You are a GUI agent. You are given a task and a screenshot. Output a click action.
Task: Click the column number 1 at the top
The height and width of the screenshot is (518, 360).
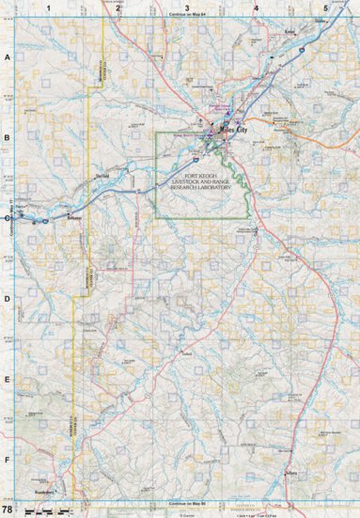point(48,8)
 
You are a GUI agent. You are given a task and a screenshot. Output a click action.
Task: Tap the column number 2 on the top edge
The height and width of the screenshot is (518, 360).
point(117,8)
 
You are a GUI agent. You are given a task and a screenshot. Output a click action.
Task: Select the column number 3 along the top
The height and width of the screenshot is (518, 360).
point(187,8)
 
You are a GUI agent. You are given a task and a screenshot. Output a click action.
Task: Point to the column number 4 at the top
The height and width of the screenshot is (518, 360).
point(256,8)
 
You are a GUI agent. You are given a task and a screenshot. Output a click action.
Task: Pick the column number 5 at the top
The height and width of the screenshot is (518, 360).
point(324,8)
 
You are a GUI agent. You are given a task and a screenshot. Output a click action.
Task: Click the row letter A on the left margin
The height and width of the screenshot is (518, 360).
point(8,57)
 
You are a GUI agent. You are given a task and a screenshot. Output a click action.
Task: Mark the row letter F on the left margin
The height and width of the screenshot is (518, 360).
point(8,461)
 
